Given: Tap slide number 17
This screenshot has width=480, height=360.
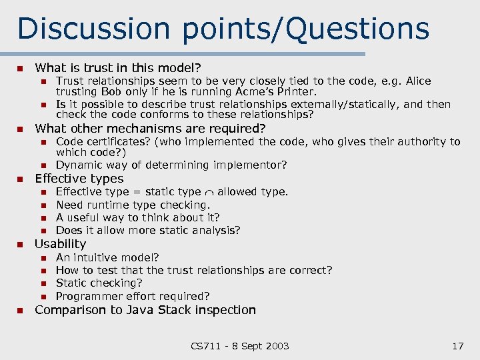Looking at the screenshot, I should pyautogui.click(x=457, y=345).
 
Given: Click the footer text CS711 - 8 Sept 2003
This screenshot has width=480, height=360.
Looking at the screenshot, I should pyautogui.click(x=240, y=345).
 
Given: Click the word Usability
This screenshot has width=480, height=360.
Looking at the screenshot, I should pyautogui.click(x=60, y=244).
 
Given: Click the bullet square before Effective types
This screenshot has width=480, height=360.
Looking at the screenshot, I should pyautogui.click(x=20, y=179).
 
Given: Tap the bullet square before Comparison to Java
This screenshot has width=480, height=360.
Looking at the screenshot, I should pyautogui.click(x=20, y=310).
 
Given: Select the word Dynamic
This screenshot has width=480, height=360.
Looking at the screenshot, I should pyautogui.click(x=77, y=165).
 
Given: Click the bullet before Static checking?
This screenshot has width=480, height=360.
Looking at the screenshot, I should pyautogui.click(x=42, y=283).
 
